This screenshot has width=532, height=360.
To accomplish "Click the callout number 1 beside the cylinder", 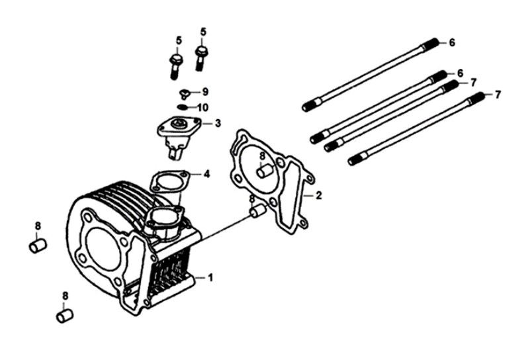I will pos(210,277).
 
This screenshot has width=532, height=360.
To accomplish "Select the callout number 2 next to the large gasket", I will pos(318,195).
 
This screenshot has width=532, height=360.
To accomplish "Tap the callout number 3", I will pos(218,124).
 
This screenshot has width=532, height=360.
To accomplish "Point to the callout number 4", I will pos(207,175).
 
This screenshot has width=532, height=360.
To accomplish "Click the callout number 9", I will pos(204,91).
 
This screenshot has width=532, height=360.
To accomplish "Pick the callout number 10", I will pos(202,107).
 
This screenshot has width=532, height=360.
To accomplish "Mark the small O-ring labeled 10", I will pos(183,106).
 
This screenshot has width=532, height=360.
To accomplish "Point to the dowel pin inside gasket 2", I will pos(264,170).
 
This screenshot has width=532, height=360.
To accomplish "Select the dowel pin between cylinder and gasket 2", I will pos(257,212).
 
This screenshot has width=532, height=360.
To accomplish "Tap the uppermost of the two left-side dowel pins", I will pos(37,247).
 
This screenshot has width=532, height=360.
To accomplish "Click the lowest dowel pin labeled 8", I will pos(64,316).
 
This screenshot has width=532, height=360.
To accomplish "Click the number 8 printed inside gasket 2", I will pos(262,156).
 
